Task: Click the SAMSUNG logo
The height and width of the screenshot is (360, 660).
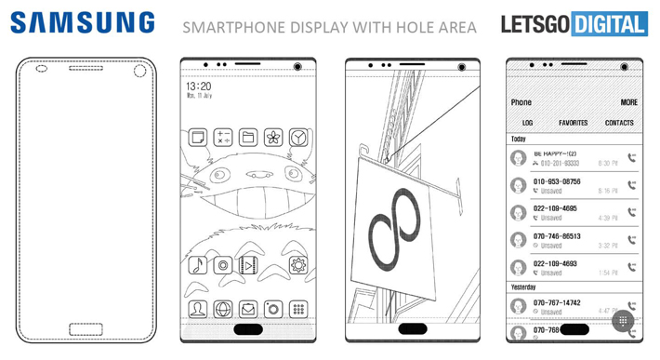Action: coord(83,22)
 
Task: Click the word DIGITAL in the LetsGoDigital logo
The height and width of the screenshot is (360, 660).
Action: coord(610,24)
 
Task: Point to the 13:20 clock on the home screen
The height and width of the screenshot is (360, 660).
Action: coord(198,85)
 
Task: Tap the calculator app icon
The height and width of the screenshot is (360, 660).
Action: coord(222,138)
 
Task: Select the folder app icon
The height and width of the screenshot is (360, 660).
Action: coord(247,138)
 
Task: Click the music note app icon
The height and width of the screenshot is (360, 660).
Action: coord(197,265)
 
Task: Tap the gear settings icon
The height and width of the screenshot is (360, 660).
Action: coord(297,265)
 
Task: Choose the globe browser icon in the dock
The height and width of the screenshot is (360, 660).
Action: coord(222,309)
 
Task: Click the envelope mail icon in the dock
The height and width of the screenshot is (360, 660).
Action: coord(247,309)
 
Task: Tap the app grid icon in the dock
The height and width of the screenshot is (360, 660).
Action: coord(297,309)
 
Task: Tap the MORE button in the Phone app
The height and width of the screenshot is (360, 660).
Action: coord(629,102)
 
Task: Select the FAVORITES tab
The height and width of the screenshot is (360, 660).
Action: coord(573,123)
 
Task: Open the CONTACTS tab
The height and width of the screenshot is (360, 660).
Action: coord(619,123)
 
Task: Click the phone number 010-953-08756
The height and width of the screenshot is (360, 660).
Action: coord(558,181)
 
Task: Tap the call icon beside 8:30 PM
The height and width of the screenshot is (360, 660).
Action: coord(632,158)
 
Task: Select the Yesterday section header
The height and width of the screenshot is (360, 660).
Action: coord(524,287)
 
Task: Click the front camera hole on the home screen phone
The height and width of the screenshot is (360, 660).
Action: coord(298,68)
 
